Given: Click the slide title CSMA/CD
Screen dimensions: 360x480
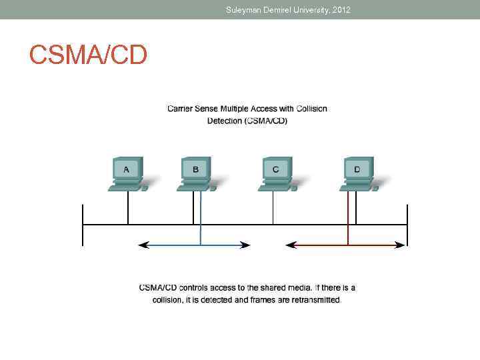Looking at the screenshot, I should pos(87,55).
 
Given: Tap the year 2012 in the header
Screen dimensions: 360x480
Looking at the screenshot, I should pos(339,10).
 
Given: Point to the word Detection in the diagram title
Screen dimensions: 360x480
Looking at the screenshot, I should pos(225,121).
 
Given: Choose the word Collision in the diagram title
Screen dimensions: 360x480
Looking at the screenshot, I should pos(311,109).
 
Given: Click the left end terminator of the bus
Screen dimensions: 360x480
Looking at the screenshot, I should pos(83,225).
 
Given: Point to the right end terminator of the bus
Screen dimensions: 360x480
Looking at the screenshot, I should pos(407,225).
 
